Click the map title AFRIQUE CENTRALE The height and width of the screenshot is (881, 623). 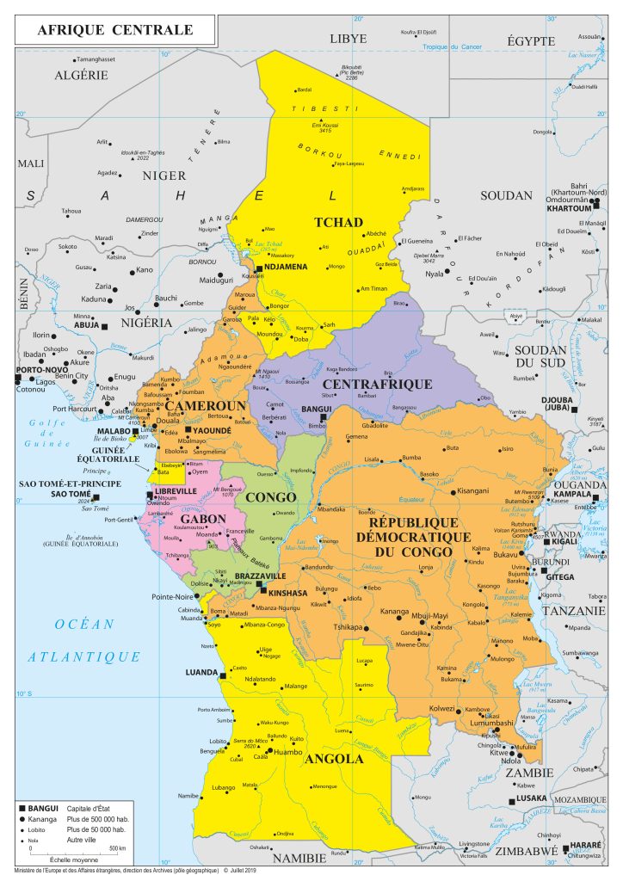(x=114, y=31)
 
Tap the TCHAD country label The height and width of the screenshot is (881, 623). (x=338, y=222)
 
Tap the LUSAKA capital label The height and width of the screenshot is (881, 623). (x=519, y=798)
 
